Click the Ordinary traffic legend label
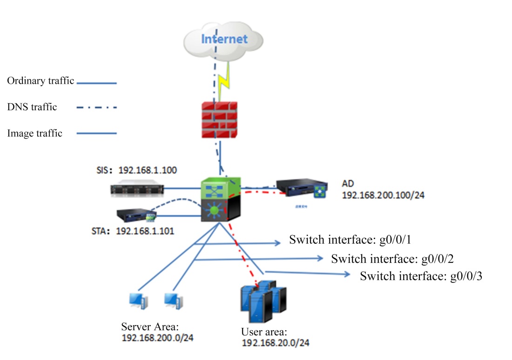tap(40, 81)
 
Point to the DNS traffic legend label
tap(32, 107)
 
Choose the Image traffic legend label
tap(35, 133)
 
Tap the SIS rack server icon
tap(138, 189)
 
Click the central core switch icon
tap(221, 200)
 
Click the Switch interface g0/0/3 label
tap(421, 276)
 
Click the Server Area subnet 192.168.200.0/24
tap(157, 338)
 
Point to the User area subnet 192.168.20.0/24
tap(276, 344)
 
